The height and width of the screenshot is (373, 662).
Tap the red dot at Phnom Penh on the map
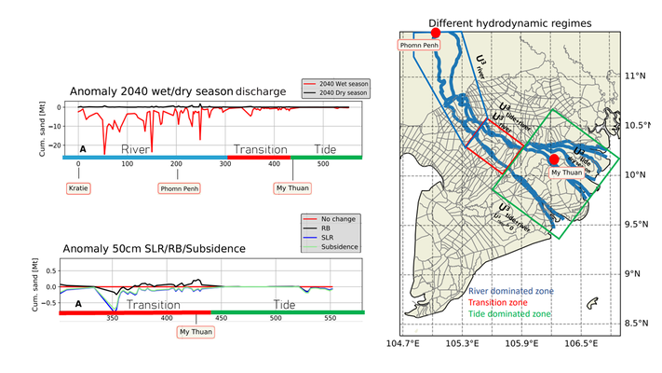pyautogui.click(x=435, y=33)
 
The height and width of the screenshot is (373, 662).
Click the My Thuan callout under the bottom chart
pyautogui.click(x=196, y=331)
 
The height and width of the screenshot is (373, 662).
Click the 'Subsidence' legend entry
pyautogui.click(x=331, y=247)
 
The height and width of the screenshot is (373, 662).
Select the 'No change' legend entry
pyautogui.click(x=331, y=218)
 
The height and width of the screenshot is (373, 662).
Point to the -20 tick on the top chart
pyautogui.click(x=53, y=145)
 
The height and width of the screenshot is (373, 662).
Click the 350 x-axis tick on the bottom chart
pyautogui.click(x=113, y=318)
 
